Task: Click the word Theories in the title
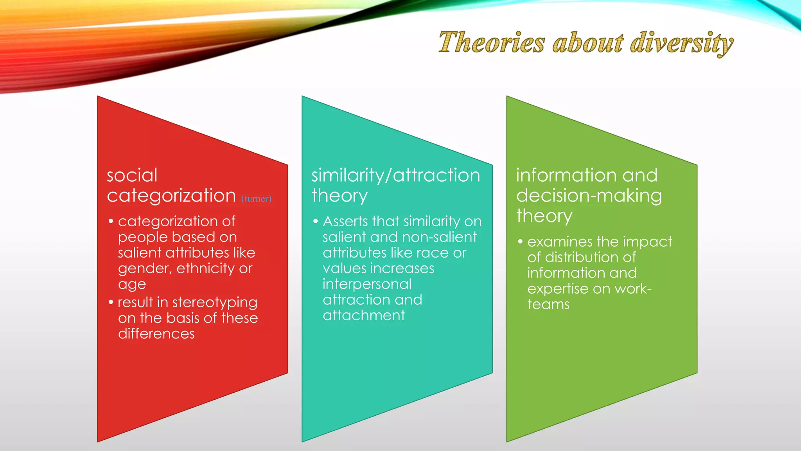491,42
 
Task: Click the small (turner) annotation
256,199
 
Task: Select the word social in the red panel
132,175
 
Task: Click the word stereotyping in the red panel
215,303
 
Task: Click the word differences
156,334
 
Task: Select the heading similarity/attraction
395,175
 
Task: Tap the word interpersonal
367,284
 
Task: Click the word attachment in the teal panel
364,315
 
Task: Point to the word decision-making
589,195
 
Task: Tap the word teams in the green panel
548,304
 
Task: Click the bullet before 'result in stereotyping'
111,302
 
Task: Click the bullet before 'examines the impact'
520,242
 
